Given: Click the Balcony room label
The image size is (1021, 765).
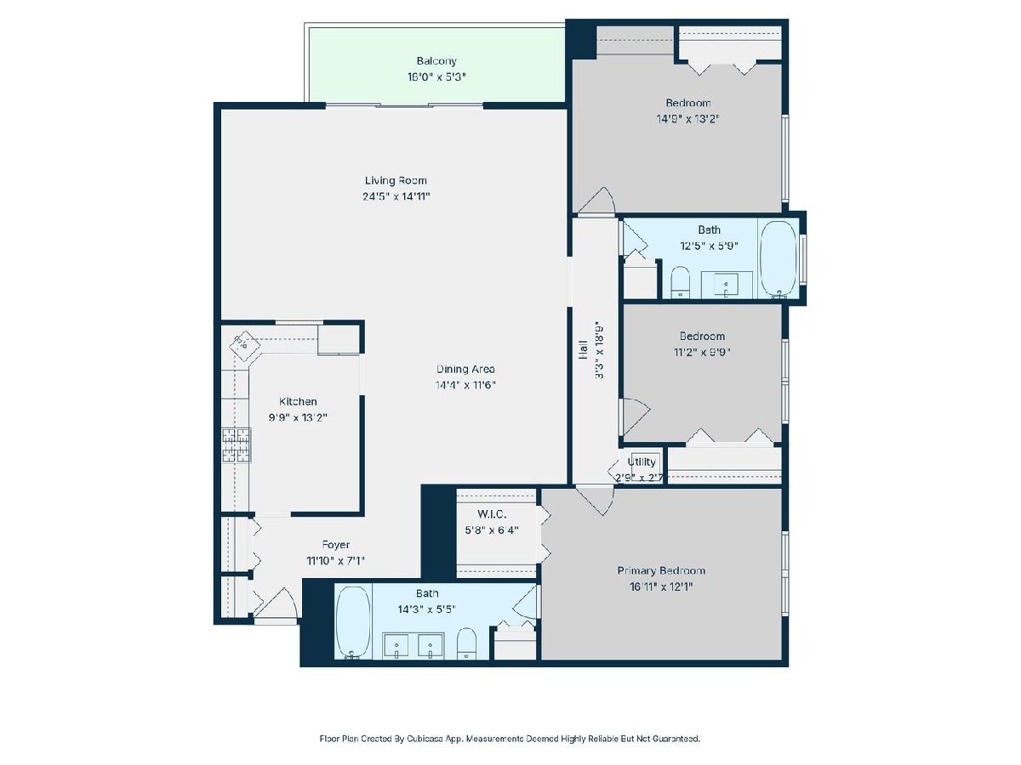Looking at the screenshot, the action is coord(436,61).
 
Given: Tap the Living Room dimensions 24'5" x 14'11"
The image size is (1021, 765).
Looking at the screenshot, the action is coord(396,196).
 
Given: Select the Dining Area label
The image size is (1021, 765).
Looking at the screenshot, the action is coord(465,369).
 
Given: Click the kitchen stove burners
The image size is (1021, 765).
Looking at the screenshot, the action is coord(237,445).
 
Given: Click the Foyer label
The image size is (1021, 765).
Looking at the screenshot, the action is coord(335,545).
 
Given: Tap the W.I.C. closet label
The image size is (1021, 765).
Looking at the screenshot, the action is coord(492,514).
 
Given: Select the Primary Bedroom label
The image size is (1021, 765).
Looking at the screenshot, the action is coord(661,570).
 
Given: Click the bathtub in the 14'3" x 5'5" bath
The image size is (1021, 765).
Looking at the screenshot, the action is coord(353,622).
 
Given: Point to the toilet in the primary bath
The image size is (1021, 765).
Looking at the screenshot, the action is coord(466,643).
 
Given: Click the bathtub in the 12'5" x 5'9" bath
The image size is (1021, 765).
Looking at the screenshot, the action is coord(779,258).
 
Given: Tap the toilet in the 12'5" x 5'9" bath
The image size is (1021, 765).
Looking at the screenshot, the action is coord(680,282).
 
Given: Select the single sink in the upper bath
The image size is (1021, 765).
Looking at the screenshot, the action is coord(726,284).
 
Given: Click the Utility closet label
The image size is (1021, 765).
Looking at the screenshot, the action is coord(642,462).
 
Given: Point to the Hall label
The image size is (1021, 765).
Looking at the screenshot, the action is coord(583,349).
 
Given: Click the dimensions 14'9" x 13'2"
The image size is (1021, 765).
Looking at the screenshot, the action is coord(687,119).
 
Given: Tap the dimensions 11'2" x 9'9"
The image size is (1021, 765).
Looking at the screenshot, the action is coord(701,353).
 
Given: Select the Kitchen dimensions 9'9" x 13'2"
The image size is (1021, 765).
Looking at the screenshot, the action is coord(298,417).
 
